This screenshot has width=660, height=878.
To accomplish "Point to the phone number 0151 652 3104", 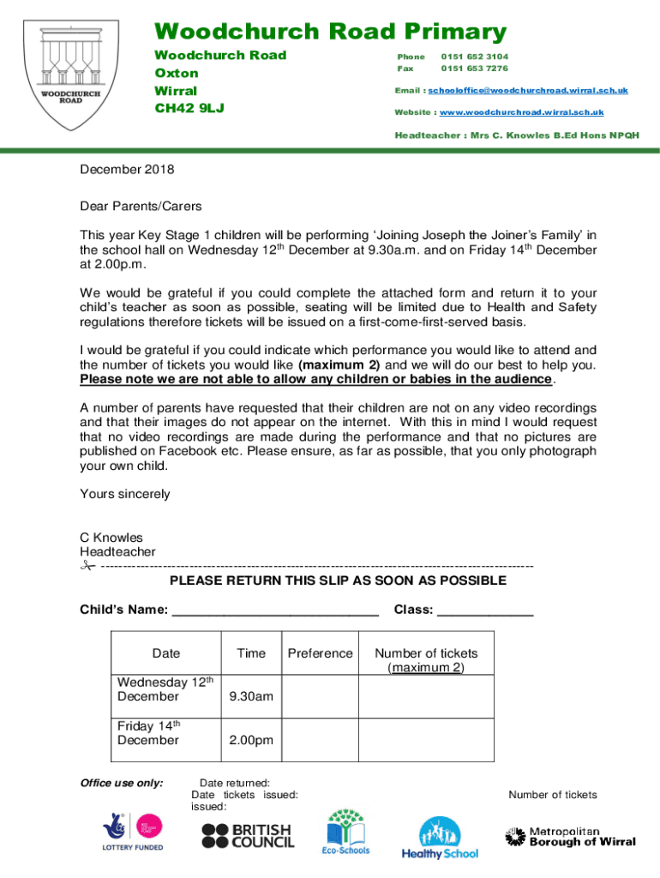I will [x=474, y=57].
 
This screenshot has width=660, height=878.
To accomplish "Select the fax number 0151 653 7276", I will [x=474, y=69].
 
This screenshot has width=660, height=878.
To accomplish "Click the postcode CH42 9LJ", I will [x=189, y=109].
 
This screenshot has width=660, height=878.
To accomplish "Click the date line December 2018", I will [x=127, y=170].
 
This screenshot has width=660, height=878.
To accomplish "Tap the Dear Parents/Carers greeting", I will [x=141, y=207].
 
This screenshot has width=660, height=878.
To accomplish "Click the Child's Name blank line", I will [x=275, y=612].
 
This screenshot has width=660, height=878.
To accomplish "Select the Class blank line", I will [x=485, y=612].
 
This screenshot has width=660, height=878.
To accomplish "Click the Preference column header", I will [x=320, y=653].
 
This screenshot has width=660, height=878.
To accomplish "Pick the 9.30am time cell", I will [x=251, y=696].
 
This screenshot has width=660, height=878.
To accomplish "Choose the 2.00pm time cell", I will [x=251, y=740].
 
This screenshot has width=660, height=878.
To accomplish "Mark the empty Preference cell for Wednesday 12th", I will [x=320, y=696].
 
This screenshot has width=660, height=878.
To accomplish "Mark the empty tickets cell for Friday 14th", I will [x=426, y=740].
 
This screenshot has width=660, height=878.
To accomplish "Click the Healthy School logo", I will [x=440, y=838].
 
